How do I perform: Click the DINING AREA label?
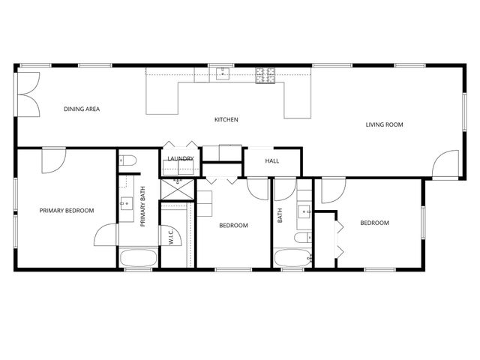click(x=82, y=109)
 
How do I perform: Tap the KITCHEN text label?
click(x=226, y=120)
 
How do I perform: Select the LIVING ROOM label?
click(x=385, y=124)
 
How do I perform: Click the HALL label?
click(x=272, y=160)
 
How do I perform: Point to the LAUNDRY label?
click(x=181, y=159)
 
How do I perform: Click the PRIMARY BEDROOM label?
click(x=67, y=211)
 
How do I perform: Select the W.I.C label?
click(x=172, y=238)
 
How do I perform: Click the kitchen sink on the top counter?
click(x=223, y=73)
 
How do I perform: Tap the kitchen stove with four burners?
click(x=265, y=75)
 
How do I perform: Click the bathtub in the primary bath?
click(x=138, y=258)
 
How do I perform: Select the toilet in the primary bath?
click(x=127, y=160)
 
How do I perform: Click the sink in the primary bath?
click(x=126, y=202)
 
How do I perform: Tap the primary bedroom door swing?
click(x=54, y=160)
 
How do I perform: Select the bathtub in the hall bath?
click(x=291, y=258)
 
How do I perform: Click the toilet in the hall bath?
click(x=301, y=238)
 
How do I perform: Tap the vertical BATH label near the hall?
click(x=280, y=216)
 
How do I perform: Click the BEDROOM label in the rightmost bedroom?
click(x=374, y=223)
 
